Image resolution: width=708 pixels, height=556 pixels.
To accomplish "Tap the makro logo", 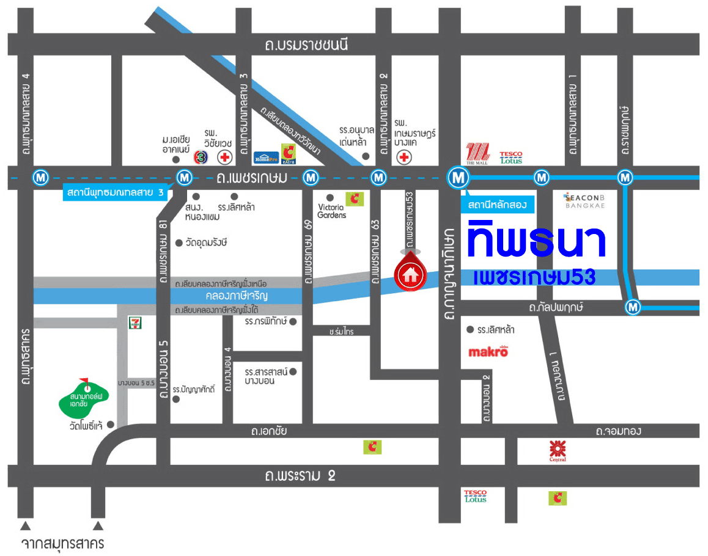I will click(488, 351).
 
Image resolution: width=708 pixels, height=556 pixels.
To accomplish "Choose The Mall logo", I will click(478, 153).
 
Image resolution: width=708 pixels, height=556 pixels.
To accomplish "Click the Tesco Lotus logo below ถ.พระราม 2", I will click(475, 496).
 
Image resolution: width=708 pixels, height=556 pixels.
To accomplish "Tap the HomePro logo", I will click(266, 157).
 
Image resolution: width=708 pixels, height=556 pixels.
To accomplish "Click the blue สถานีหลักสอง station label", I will click(498, 205).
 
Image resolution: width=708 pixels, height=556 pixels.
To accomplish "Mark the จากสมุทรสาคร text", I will click(62, 543).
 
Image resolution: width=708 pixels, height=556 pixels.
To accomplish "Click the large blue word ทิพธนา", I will click(536, 241).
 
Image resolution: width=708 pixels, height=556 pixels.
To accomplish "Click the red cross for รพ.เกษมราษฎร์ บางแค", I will click(404, 158).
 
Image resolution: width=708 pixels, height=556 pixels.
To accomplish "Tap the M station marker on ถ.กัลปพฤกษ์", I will click(633, 307).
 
